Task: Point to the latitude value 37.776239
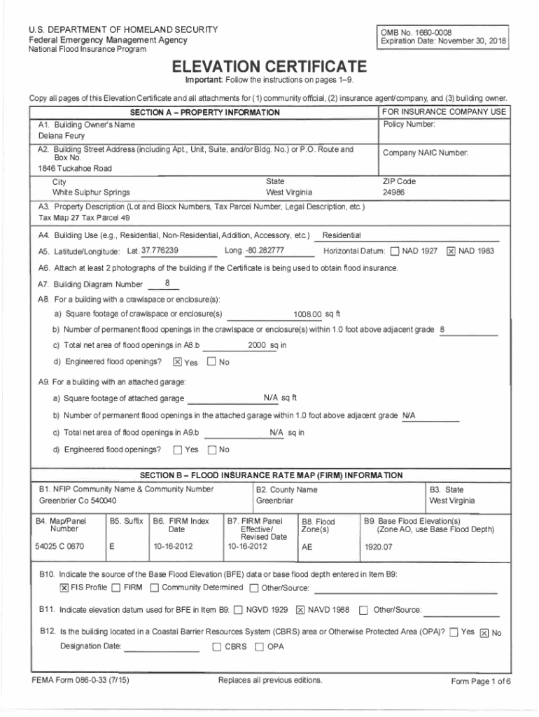(x=160, y=251)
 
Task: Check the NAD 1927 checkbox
(x=395, y=251)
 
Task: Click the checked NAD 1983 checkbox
(x=451, y=251)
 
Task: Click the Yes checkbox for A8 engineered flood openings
(x=177, y=362)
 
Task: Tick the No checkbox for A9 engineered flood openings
(x=211, y=449)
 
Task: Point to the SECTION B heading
(x=271, y=475)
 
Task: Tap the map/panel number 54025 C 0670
(x=59, y=545)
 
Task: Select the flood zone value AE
(x=307, y=547)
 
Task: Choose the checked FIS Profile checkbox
(x=64, y=587)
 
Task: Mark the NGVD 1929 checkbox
(x=239, y=609)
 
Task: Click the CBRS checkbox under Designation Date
(x=217, y=646)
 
